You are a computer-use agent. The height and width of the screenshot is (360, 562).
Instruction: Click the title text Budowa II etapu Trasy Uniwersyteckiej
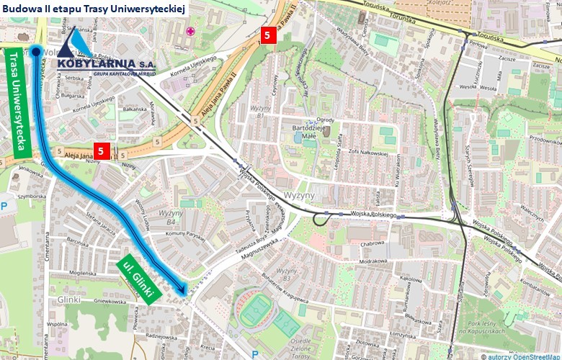[94, 8]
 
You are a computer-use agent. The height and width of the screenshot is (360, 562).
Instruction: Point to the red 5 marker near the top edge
[267, 35]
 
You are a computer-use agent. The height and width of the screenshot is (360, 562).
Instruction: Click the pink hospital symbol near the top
[190, 31]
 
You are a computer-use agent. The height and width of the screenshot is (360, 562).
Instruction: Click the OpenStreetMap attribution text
[521, 356]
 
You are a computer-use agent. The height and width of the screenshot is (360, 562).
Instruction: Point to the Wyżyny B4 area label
[171, 217]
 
